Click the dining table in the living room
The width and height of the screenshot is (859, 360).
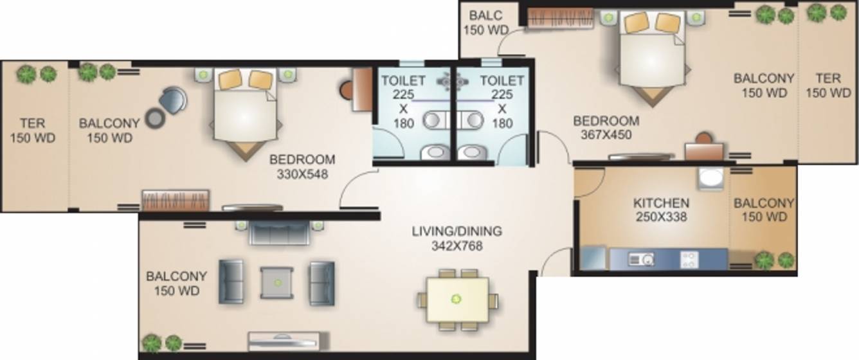pyautogui.click(x=457, y=298)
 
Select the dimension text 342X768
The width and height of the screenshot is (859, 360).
pyautogui.click(x=457, y=246)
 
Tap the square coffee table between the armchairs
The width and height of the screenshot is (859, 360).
pyautogui.click(x=276, y=282)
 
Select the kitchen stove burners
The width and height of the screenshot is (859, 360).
pyautogui.click(x=689, y=259)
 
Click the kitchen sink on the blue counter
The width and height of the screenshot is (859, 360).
pyautogui.click(x=641, y=260)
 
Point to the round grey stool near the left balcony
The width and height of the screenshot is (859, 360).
pyautogui.click(x=155, y=118)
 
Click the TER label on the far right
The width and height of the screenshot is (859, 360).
pyautogui.click(x=827, y=78)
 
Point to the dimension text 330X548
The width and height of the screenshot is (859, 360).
pyautogui.click(x=302, y=174)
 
